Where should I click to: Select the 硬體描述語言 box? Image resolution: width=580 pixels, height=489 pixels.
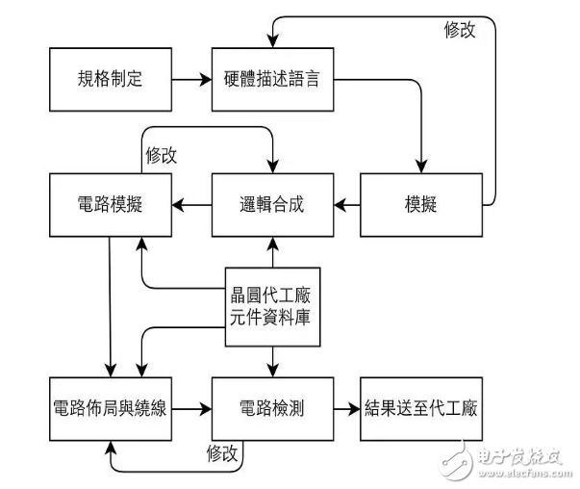click(272, 79)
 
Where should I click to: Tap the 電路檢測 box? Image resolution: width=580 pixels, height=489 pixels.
click(272, 408)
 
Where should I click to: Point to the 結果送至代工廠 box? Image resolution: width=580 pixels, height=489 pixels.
click(420, 408)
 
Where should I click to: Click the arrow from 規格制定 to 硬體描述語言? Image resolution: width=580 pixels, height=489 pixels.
click(191, 79)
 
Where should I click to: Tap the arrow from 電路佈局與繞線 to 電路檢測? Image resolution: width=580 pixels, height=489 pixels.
click(191, 408)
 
